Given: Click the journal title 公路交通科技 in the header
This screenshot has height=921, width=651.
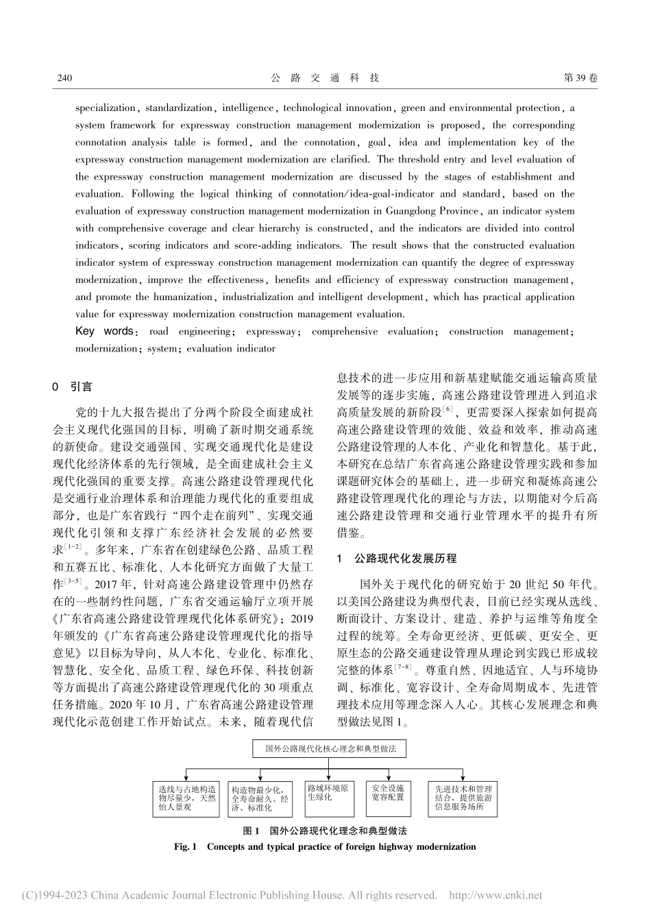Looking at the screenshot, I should (x=325, y=78).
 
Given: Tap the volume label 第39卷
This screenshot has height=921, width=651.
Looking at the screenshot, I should (x=580, y=78).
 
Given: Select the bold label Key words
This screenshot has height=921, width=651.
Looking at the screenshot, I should (x=104, y=332).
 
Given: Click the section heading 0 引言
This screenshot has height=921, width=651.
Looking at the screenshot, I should (x=73, y=387).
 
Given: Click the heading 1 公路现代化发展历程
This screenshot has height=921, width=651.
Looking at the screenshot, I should (x=397, y=559).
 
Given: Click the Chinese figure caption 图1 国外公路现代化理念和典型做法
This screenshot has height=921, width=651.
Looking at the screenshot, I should (x=325, y=831).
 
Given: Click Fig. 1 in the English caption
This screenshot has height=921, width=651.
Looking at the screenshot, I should (x=186, y=847).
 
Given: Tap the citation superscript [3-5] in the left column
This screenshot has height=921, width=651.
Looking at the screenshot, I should (x=74, y=582).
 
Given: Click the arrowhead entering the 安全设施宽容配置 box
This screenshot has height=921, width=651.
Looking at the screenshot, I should (x=389, y=780).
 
